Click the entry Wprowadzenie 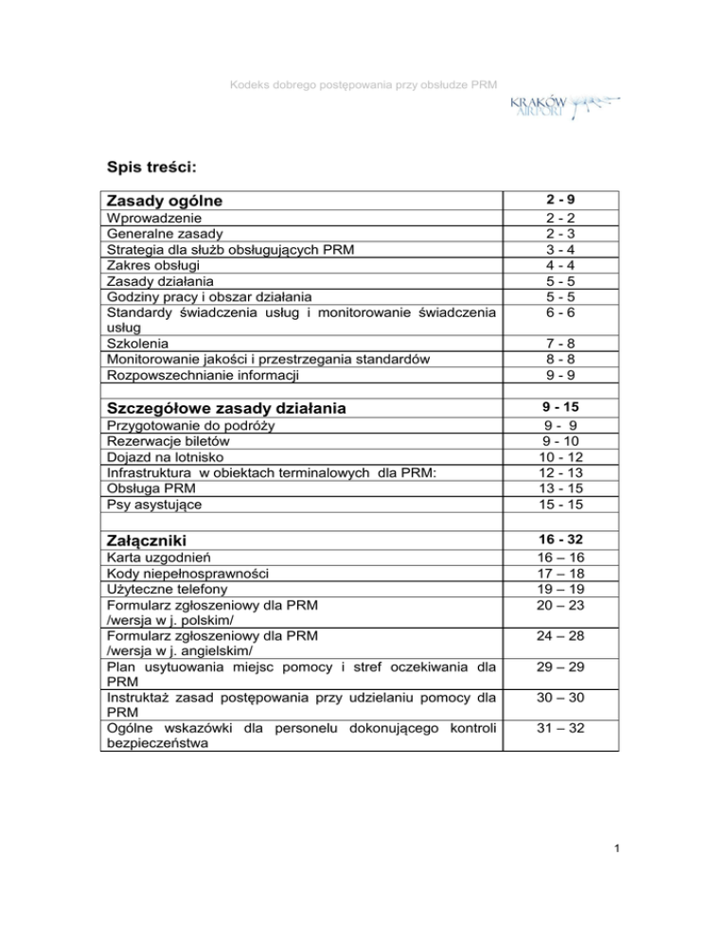[x=152, y=218]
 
